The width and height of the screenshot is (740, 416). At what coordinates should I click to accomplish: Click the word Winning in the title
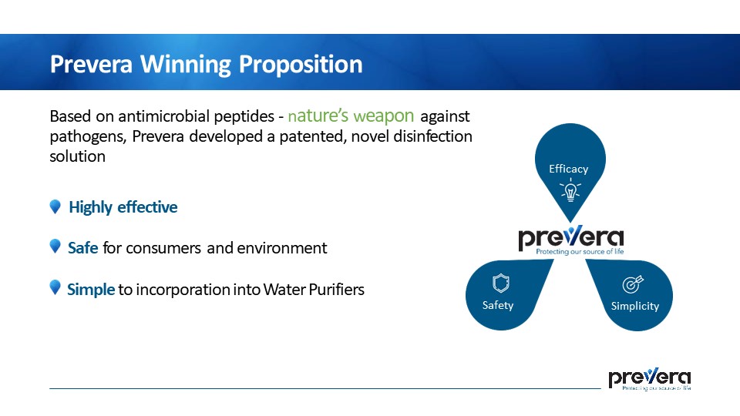[186, 65]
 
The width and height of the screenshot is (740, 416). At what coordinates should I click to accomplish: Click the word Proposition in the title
[301, 65]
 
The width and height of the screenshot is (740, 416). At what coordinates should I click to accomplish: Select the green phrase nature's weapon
[351, 116]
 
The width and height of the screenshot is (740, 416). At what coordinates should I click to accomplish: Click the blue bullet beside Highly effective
[55, 206]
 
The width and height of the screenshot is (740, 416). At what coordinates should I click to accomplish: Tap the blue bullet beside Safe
[55, 247]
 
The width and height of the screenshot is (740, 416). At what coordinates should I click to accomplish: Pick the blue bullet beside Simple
[55, 287]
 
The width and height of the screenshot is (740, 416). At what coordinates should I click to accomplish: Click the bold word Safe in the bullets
[83, 247]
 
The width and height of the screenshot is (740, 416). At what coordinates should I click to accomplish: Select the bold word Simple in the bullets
[91, 289]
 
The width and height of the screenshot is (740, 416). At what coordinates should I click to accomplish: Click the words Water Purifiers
[314, 289]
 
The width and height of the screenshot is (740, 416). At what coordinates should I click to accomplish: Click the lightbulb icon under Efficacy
[570, 190]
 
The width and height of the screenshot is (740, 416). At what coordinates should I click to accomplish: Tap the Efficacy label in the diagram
[569, 169]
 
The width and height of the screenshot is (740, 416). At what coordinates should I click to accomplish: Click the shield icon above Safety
[501, 283]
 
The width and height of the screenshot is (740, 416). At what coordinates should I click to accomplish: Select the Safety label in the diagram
[498, 305]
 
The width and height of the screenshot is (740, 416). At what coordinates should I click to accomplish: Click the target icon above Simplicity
[633, 284]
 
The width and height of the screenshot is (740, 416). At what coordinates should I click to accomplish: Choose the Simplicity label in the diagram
[635, 306]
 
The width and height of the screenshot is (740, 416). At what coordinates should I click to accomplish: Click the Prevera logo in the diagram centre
[571, 240]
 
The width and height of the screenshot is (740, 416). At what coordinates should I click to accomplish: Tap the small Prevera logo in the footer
[649, 379]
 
